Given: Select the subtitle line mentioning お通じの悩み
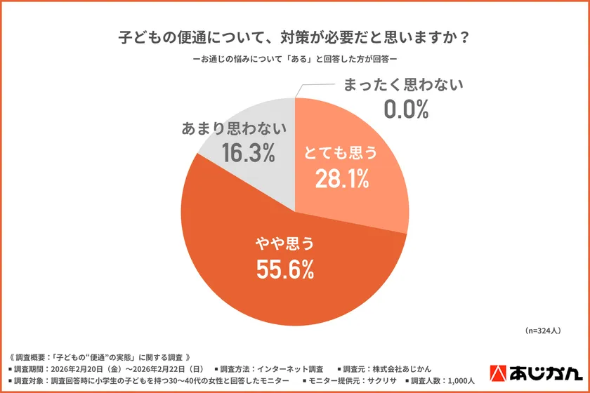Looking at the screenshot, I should click(x=294, y=60).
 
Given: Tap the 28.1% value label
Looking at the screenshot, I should click(x=341, y=179).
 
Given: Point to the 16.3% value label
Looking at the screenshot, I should click(x=247, y=153).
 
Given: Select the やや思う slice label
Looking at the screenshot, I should click(x=283, y=244).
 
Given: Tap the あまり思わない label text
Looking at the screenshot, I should click(x=234, y=128).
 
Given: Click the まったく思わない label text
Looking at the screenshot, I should click(x=404, y=86).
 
